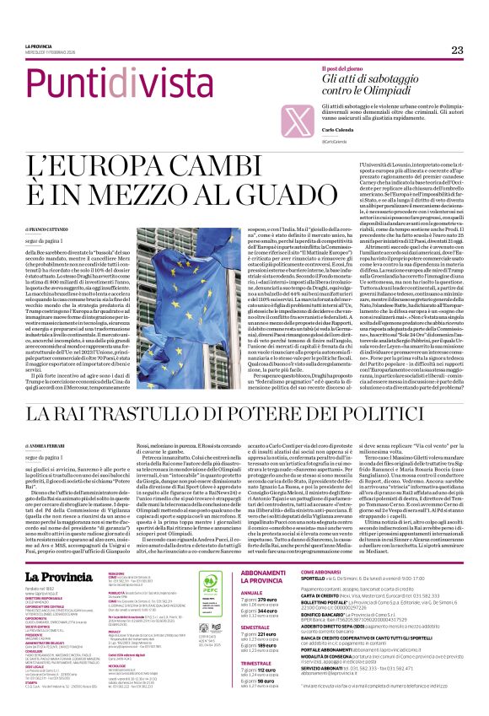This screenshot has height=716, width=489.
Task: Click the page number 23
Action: [x=458, y=51]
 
